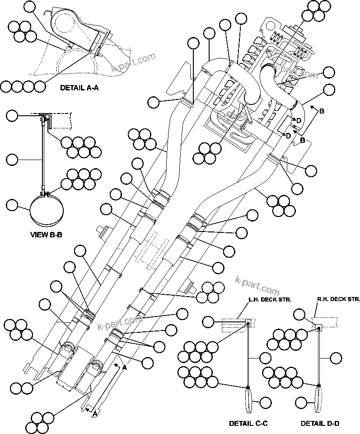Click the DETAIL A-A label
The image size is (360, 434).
pos(79,89)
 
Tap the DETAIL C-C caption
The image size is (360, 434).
pos(248,424)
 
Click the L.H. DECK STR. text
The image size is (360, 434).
pos(269,300)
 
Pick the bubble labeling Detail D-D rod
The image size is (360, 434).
pos(336,358)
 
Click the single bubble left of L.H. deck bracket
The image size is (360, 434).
pos(208,321)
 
